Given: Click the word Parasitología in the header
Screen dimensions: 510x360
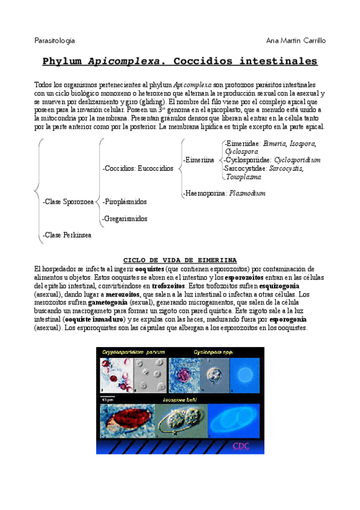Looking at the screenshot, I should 54,40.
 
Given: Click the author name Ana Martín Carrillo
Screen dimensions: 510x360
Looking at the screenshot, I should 296,40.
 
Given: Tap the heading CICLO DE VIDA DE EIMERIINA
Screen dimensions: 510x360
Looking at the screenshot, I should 179,259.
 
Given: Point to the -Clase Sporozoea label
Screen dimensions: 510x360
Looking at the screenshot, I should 69,202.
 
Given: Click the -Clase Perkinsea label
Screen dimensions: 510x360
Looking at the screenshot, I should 67,235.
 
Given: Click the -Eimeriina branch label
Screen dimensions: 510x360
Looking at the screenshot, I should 198,160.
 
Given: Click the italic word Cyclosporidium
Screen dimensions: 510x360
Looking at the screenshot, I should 297,160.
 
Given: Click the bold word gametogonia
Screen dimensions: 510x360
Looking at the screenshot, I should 107,303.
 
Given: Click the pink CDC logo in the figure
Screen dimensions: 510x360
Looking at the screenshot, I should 241,446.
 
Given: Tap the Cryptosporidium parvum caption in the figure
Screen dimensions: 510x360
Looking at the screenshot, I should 133,352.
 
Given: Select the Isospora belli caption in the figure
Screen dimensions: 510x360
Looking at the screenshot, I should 180,399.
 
